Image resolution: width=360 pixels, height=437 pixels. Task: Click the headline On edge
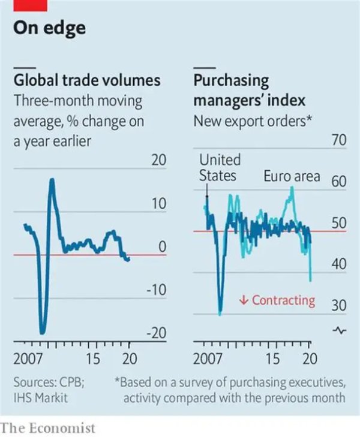50,28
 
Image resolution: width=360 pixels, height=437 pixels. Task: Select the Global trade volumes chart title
87,80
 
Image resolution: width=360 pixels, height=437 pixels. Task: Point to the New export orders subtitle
251,120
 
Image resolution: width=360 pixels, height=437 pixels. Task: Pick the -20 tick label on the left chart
155,334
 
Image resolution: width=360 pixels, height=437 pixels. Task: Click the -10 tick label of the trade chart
155,291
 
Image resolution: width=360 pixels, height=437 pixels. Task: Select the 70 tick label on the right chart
340,141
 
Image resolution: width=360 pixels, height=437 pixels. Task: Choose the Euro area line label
292,176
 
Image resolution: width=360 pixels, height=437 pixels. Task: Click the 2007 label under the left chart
27,360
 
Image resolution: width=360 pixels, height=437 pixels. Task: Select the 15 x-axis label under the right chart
273,360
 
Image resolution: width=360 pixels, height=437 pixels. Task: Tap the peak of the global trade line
52,180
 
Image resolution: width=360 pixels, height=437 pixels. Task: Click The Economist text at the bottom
48,428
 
